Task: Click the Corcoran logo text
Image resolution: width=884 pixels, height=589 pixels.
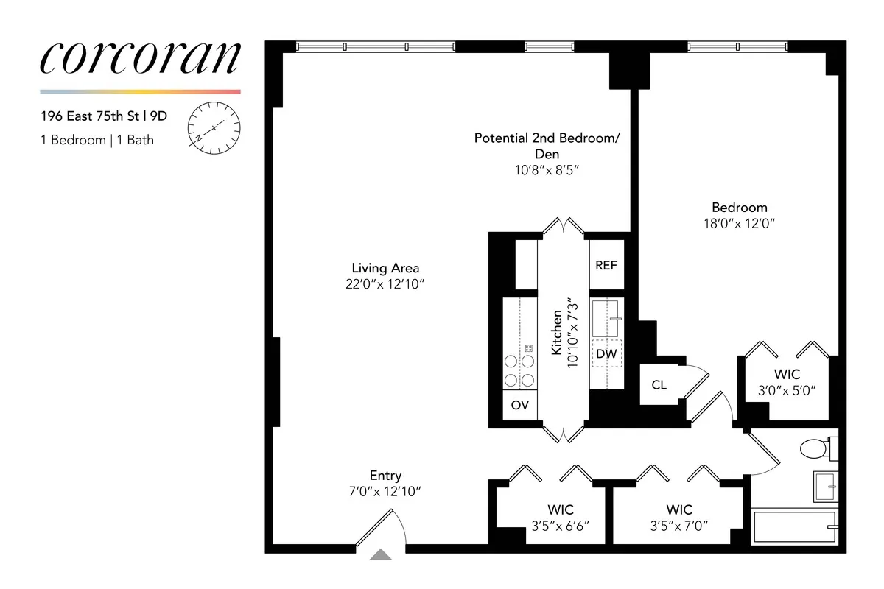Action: click(x=140, y=59)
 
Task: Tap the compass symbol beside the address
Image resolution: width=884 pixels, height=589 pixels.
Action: click(x=214, y=128)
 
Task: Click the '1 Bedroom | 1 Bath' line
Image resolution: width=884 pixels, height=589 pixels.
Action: click(x=97, y=140)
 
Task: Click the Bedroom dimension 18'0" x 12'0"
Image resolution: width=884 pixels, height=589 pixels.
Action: click(x=739, y=223)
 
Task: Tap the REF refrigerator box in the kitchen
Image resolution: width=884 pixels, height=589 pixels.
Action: click(x=606, y=265)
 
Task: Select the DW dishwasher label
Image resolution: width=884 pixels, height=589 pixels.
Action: click(x=606, y=354)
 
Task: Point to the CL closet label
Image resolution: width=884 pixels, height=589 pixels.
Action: click(x=659, y=384)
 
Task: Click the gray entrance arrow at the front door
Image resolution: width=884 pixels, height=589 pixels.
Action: click(x=380, y=555)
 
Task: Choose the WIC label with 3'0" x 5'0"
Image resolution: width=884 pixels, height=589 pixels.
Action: click(x=787, y=375)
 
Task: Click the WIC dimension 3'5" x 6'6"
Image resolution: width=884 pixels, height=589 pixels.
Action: click(x=560, y=526)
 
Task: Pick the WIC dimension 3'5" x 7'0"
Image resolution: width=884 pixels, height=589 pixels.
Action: click(x=678, y=526)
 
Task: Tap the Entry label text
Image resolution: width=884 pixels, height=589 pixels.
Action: click(x=385, y=476)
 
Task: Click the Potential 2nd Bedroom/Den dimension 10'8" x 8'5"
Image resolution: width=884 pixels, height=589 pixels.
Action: click(x=547, y=170)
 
